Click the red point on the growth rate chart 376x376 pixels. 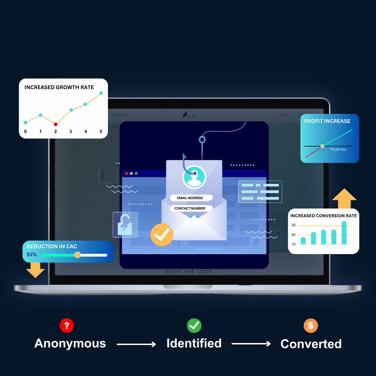(x=56, y=124)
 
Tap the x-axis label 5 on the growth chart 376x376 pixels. (x=101, y=132)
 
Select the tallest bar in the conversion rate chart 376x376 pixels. (x=344, y=233)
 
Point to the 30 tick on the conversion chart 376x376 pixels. (x=293, y=225)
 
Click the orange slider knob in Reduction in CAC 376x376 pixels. (x=78, y=255)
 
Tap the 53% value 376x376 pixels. (x=32, y=255)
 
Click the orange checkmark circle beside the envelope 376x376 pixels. (x=162, y=235)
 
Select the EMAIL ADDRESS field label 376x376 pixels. (x=190, y=198)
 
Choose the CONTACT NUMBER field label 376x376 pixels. (x=190, y=208)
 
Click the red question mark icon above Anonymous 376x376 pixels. (x=66, y=326)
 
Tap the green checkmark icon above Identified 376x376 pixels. (x=194, y=326)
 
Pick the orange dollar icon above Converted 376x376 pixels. (x=311, y=326)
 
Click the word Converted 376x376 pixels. (x=311, y=344)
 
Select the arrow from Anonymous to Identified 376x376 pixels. (x=136, y=344)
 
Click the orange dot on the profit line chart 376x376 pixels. (x=322, y=146)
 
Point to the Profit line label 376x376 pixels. (x=338, y=150)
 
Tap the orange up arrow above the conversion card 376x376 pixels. (x=344, y=198)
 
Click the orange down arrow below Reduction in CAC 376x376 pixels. (x=36, y=270)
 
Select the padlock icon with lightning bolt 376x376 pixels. (x=125, y=225)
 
